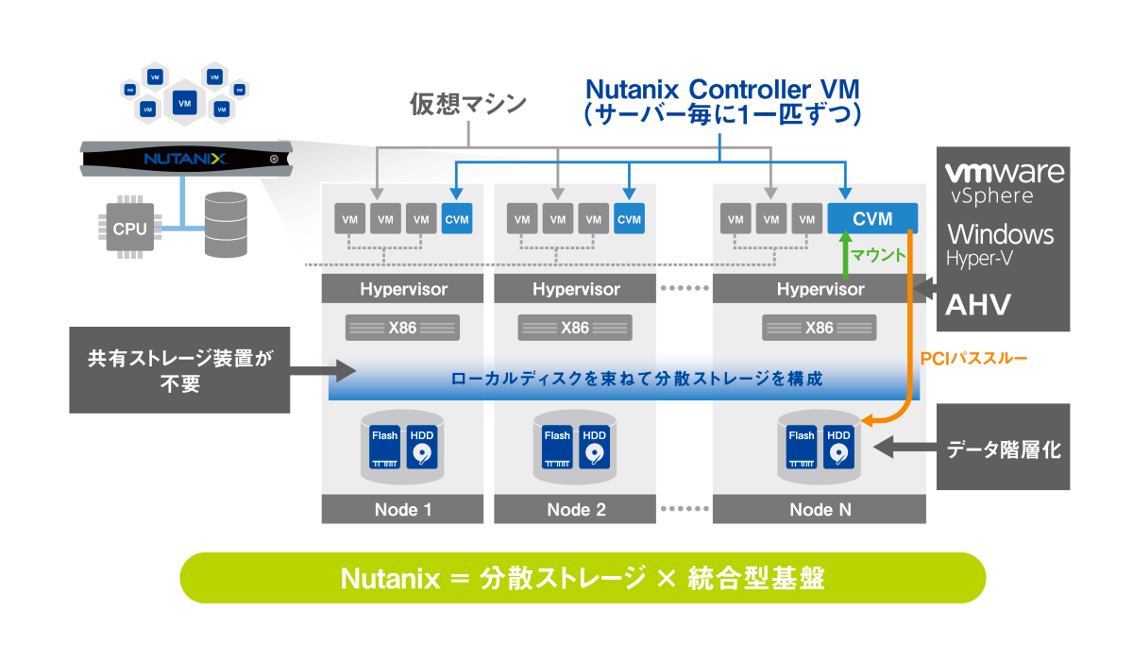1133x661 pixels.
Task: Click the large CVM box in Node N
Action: pos(872,219)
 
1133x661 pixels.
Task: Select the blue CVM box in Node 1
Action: pos(456,220)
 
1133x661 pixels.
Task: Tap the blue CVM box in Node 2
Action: pos(628,220)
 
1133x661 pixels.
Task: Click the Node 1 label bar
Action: pos(403,510)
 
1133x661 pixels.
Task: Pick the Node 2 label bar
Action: pos(576,510)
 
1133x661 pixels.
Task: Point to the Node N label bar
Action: pos(820,510)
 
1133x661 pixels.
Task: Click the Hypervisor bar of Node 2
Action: pos(576,289)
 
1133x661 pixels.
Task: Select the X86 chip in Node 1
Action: pos(403,328)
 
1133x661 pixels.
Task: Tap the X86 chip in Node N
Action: pos(820,328)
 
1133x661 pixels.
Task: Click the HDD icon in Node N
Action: pos(838,447)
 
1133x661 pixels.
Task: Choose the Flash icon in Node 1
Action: pos(384,447)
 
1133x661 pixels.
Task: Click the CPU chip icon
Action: pos(129,229)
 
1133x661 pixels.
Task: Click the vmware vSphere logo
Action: pos(1004,181)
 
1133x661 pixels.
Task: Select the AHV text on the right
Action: pos(979,305)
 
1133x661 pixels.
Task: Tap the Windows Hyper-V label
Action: pos(1000,242)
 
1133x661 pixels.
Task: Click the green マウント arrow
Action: pos(848,255)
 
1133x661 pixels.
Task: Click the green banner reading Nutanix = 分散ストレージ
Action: pos(583,578)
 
